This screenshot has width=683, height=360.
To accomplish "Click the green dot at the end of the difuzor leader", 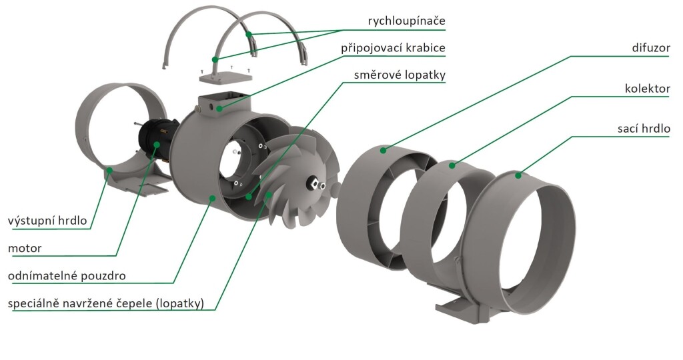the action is pos(383,150).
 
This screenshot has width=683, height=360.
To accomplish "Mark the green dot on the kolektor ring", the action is pos(452,165).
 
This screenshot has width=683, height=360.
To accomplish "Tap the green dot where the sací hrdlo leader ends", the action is pos(518,175).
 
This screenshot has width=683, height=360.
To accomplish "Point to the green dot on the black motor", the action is pos(156,144).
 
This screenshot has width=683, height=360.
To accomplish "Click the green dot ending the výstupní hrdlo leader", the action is pos(109,170).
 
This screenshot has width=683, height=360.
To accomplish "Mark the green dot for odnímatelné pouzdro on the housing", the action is pos(212,198).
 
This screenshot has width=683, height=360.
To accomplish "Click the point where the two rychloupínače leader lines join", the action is pos(343,29).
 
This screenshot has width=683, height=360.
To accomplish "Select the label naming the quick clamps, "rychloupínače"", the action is pos(406,21).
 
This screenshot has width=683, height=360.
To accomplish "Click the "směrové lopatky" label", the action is pos(400,75).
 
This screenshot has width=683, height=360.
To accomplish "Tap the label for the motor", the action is pos(25,249).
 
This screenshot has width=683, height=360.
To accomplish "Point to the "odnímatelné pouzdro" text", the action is pos(67,276).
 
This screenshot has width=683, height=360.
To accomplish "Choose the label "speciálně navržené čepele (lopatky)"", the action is pos(106,303).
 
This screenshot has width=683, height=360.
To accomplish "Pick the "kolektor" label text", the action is pos(647,89).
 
